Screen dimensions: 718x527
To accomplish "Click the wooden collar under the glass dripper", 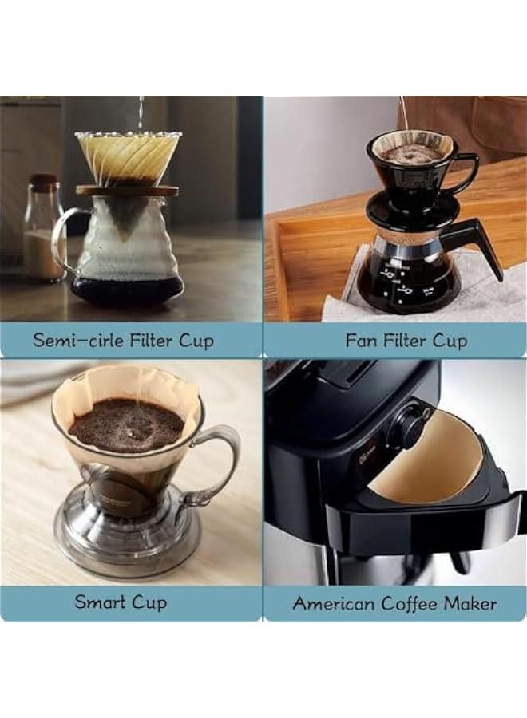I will (128, 191).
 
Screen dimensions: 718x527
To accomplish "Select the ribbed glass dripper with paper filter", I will (128, 156).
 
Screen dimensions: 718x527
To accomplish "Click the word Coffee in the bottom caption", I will (407, 603).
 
